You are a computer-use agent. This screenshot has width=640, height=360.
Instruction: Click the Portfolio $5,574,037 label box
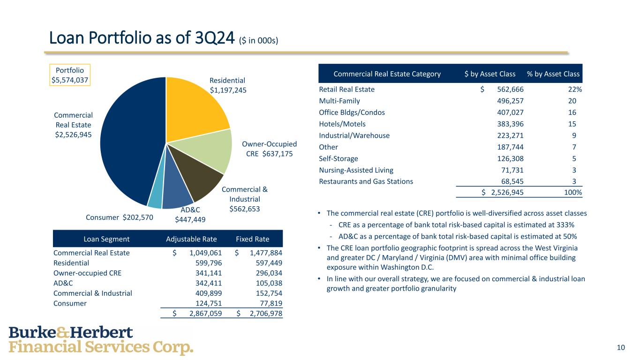pos(70,75)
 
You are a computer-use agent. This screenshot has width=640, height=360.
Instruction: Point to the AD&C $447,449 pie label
pos(190,214)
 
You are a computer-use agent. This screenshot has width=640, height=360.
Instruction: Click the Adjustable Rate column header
pos(191,239)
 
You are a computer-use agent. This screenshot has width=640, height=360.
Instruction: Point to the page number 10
pos(621,347)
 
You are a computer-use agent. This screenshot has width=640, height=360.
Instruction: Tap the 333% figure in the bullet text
pos(566,225)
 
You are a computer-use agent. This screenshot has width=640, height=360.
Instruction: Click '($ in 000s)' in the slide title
pos(259,41)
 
